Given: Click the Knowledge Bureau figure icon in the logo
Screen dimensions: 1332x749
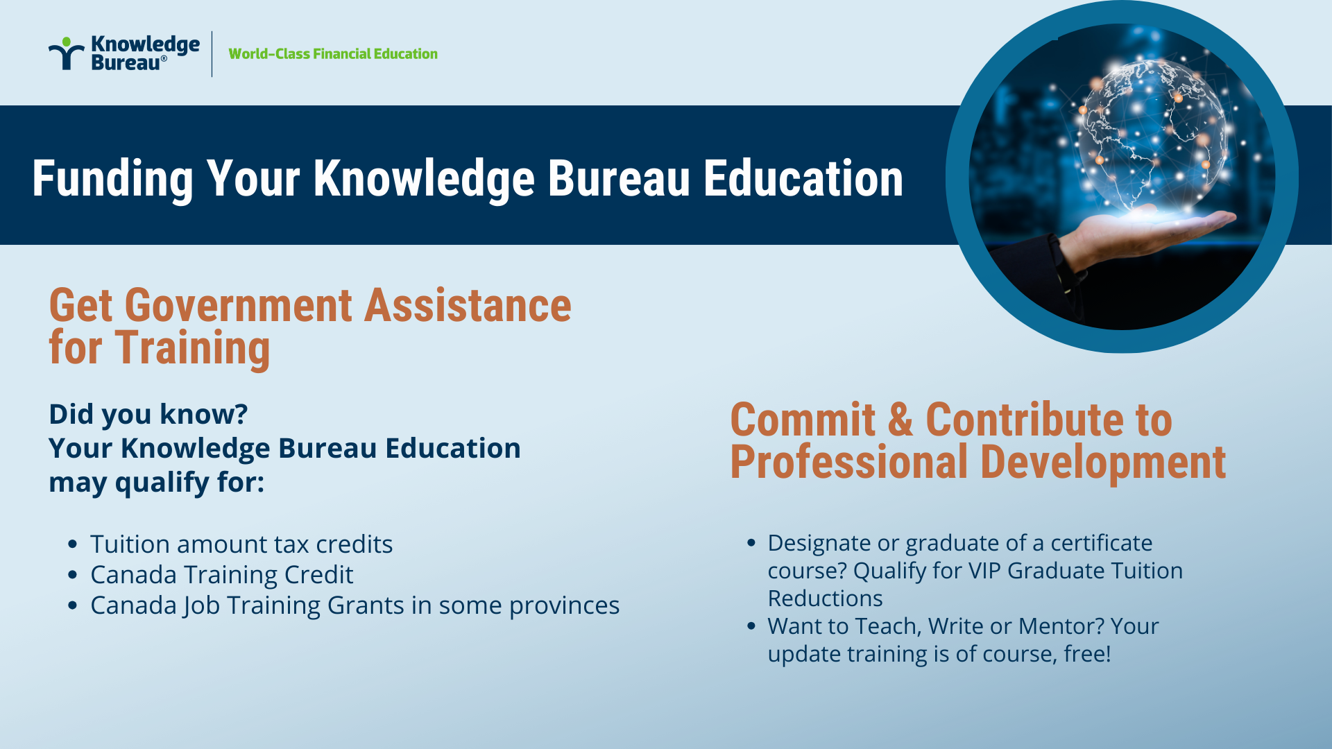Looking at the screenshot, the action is [66, 53].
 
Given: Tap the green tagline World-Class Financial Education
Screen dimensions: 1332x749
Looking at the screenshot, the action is [333, 54].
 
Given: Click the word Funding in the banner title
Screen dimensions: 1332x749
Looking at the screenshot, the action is [112, 179].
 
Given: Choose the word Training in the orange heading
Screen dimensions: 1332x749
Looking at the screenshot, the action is [193, 349].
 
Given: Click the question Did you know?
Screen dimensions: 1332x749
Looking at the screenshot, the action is [148, 414].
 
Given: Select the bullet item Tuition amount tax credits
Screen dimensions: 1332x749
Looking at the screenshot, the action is [241, 544].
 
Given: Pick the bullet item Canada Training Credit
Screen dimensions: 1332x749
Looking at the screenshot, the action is [222, 575].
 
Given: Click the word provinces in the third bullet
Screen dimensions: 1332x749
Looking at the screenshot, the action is [564, 606].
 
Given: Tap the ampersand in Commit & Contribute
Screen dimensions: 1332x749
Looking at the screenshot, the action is [900, 420].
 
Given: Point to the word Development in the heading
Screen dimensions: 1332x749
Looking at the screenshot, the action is [1103, 463].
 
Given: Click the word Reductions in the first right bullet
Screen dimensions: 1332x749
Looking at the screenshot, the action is [825, 599].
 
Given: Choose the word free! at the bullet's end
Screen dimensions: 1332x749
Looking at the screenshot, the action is [1087, 654].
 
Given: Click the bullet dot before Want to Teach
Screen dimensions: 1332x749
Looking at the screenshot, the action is [751, 626].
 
